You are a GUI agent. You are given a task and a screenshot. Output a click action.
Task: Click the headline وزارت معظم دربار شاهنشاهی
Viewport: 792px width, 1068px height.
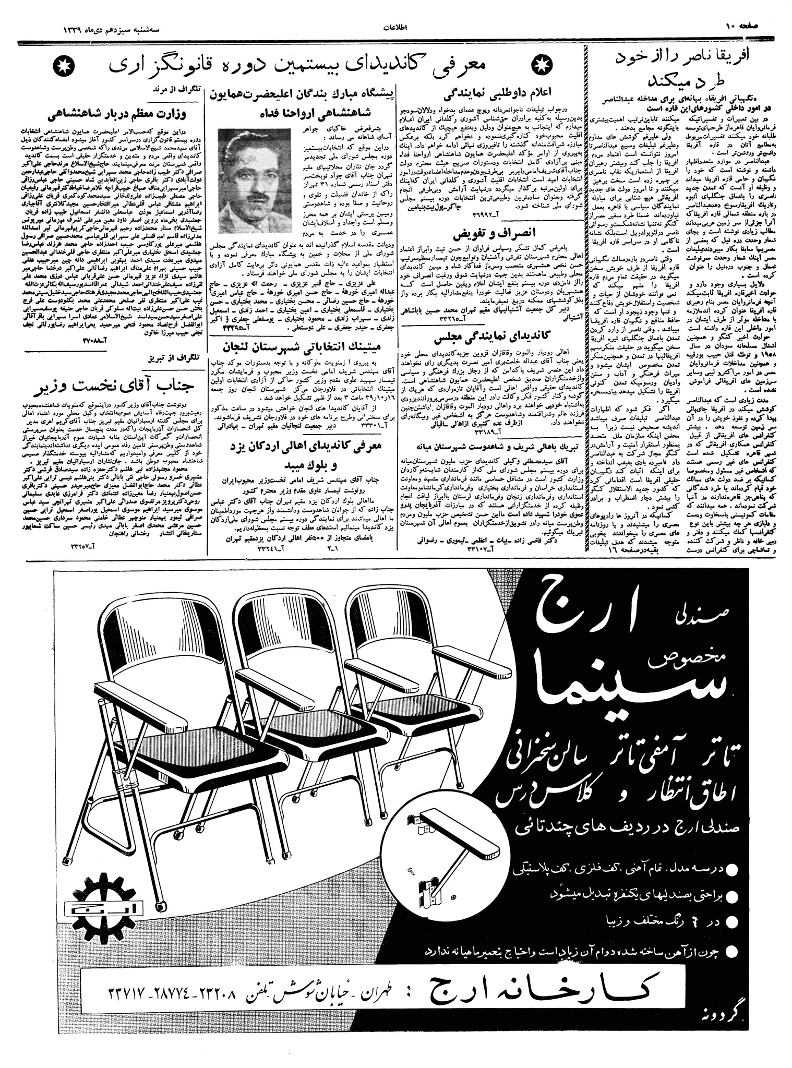(x=117, y=114)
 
